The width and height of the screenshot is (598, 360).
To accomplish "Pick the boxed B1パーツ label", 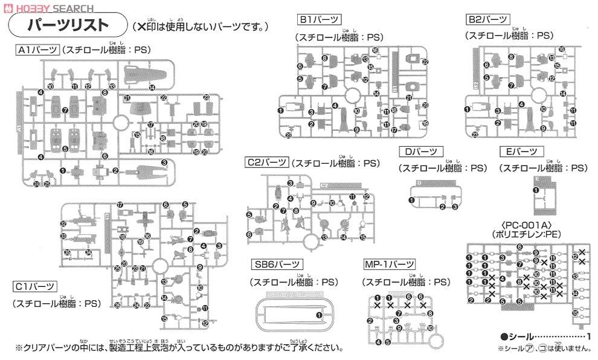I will [x=318, y=20].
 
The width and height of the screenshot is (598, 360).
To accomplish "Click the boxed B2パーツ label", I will [x=487, y=19].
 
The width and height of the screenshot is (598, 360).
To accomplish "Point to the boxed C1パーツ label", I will [x=36, y=287].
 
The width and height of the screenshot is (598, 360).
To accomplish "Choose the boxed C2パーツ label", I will [x=266, y=162].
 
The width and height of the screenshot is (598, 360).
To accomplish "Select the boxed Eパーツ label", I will [x=521, y=152].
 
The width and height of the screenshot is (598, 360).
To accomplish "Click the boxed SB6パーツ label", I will [x=277, y=265].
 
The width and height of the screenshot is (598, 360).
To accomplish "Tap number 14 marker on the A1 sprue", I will [x=152, y=88].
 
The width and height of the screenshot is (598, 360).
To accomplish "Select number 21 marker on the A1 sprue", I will [x=127, y=98].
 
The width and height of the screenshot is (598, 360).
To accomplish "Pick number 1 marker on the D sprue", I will [x=411, y=200].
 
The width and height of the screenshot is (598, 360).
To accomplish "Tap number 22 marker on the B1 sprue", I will [x=425, y=62].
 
